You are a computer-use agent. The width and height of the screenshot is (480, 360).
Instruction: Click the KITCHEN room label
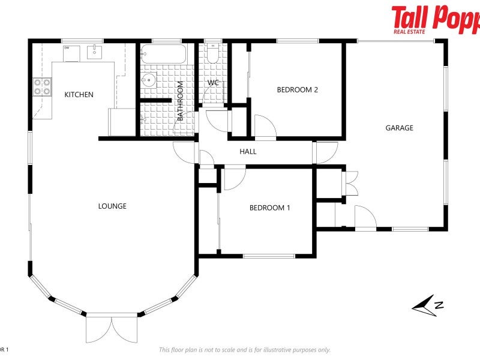click(79, 94)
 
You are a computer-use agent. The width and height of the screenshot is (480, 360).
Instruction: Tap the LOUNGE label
click(112, 206)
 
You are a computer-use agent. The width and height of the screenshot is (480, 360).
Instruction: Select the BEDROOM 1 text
click(269, 208)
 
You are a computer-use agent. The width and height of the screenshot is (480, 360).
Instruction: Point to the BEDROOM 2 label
click(297, 90)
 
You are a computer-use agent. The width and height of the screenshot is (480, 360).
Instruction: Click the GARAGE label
click(399, 128)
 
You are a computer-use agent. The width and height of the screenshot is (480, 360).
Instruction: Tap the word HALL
click(248, 152)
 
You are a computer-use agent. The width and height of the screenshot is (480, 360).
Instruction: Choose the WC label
click(213, 83)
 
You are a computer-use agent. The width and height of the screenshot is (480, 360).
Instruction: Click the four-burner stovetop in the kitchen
click(41, 87)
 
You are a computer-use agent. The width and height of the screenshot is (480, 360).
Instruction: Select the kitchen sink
click(95, 52)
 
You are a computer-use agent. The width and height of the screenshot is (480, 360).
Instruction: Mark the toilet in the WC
click(212, 55)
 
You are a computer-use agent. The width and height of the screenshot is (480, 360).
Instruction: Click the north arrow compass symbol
click(428, 305)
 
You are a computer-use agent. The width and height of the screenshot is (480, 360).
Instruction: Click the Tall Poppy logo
click(435, 19)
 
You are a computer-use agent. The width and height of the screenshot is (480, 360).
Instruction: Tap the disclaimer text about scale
click(244, 350)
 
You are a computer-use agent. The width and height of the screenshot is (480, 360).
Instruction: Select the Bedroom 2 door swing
click(264, 127)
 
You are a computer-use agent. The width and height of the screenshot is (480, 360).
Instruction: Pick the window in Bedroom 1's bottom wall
click(269, 256)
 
